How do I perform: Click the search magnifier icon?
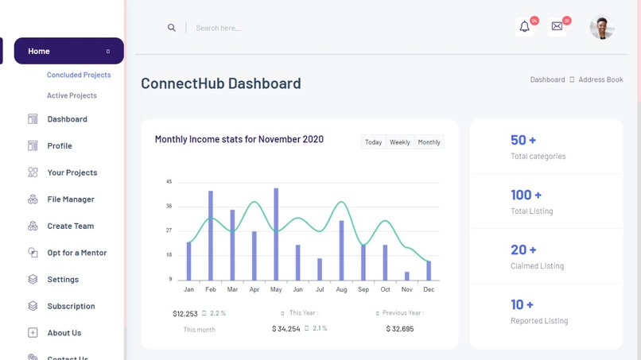[171, 28]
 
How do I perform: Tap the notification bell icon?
[524, 27]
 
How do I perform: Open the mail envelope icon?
[557, 27]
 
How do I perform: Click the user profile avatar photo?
[602, 28]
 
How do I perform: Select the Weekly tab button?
[399, 142]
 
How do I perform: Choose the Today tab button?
[373, 142]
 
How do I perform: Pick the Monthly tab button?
[429, 142]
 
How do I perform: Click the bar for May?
[276, 234]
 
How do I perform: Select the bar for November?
[407, 276]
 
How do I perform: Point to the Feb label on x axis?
[211, 290]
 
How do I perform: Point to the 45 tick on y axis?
[169, 182]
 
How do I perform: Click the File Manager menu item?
[71, 199]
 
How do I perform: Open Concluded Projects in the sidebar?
[79, 75]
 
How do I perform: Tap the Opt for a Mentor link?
[76, 253]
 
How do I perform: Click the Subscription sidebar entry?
[71, 306]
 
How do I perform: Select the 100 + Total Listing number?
[526, 195]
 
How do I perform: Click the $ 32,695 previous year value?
[399, 329]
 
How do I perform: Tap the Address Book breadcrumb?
[600, 79]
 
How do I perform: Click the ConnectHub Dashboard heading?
[220, 83]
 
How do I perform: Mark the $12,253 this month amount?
[185, 314]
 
